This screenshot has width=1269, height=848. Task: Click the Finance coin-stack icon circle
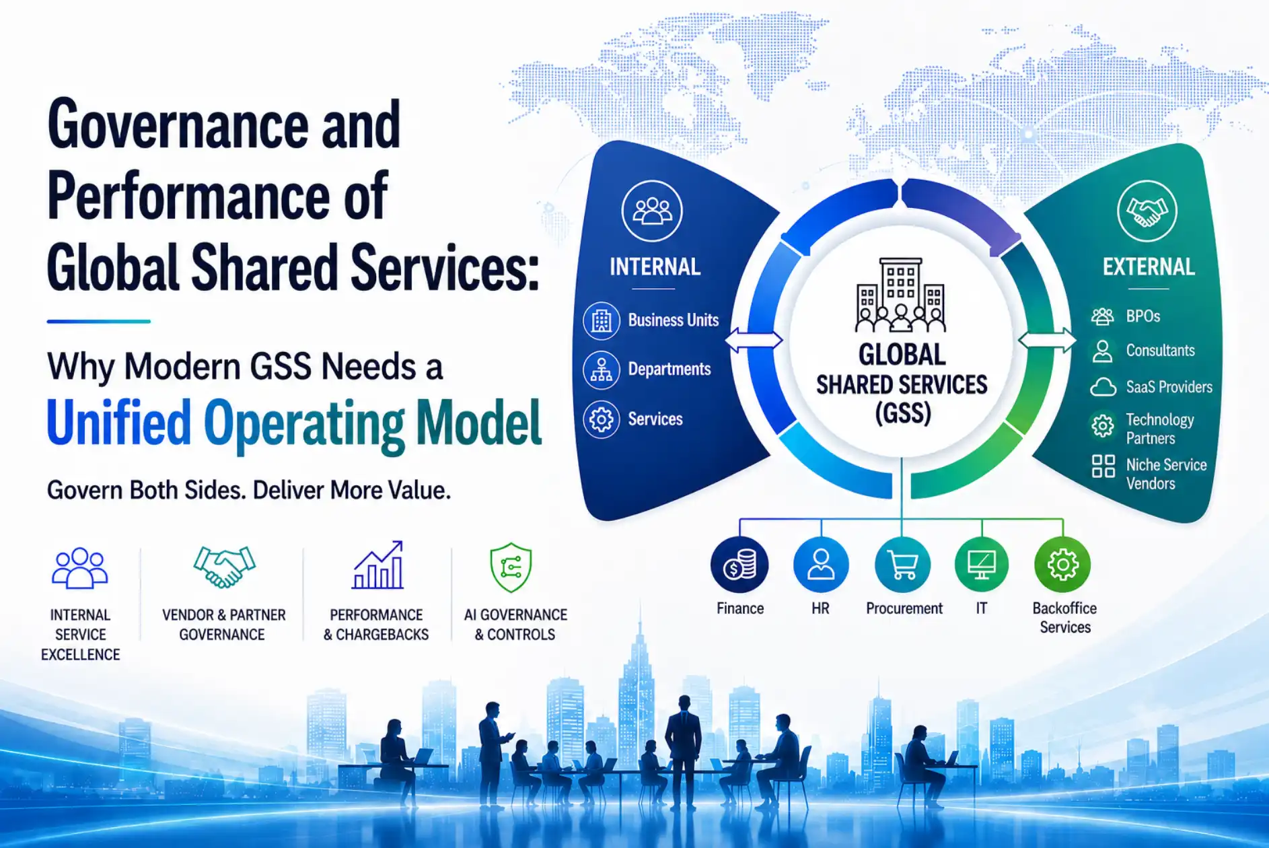coord(739,565)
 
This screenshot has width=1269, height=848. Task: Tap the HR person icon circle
coord(821,565)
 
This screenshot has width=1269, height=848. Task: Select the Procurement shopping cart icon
coord(902,565)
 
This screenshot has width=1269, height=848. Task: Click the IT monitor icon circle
coord(982,565)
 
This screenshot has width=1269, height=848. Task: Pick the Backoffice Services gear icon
coord(1063,565)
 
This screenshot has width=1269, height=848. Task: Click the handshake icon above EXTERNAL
coord(1147,211)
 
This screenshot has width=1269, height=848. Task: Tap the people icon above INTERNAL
coord(652,211)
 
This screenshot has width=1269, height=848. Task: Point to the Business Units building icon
coord(601,320)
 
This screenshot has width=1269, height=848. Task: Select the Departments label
coord(669,369)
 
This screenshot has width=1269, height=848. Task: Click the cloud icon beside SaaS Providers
coord(1103,387)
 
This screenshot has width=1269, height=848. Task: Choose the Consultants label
coord(1161,351)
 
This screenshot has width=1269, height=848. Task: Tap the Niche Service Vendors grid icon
coord(1103,466)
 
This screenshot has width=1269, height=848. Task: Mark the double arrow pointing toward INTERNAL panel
coord(754,340)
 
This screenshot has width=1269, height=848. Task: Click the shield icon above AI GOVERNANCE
coord(511,567)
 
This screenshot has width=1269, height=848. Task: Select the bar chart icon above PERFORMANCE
coord(377,565)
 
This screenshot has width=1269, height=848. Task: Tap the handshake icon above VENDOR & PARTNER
coord(224,566)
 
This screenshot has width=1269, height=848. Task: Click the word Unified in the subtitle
coord(119,423)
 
